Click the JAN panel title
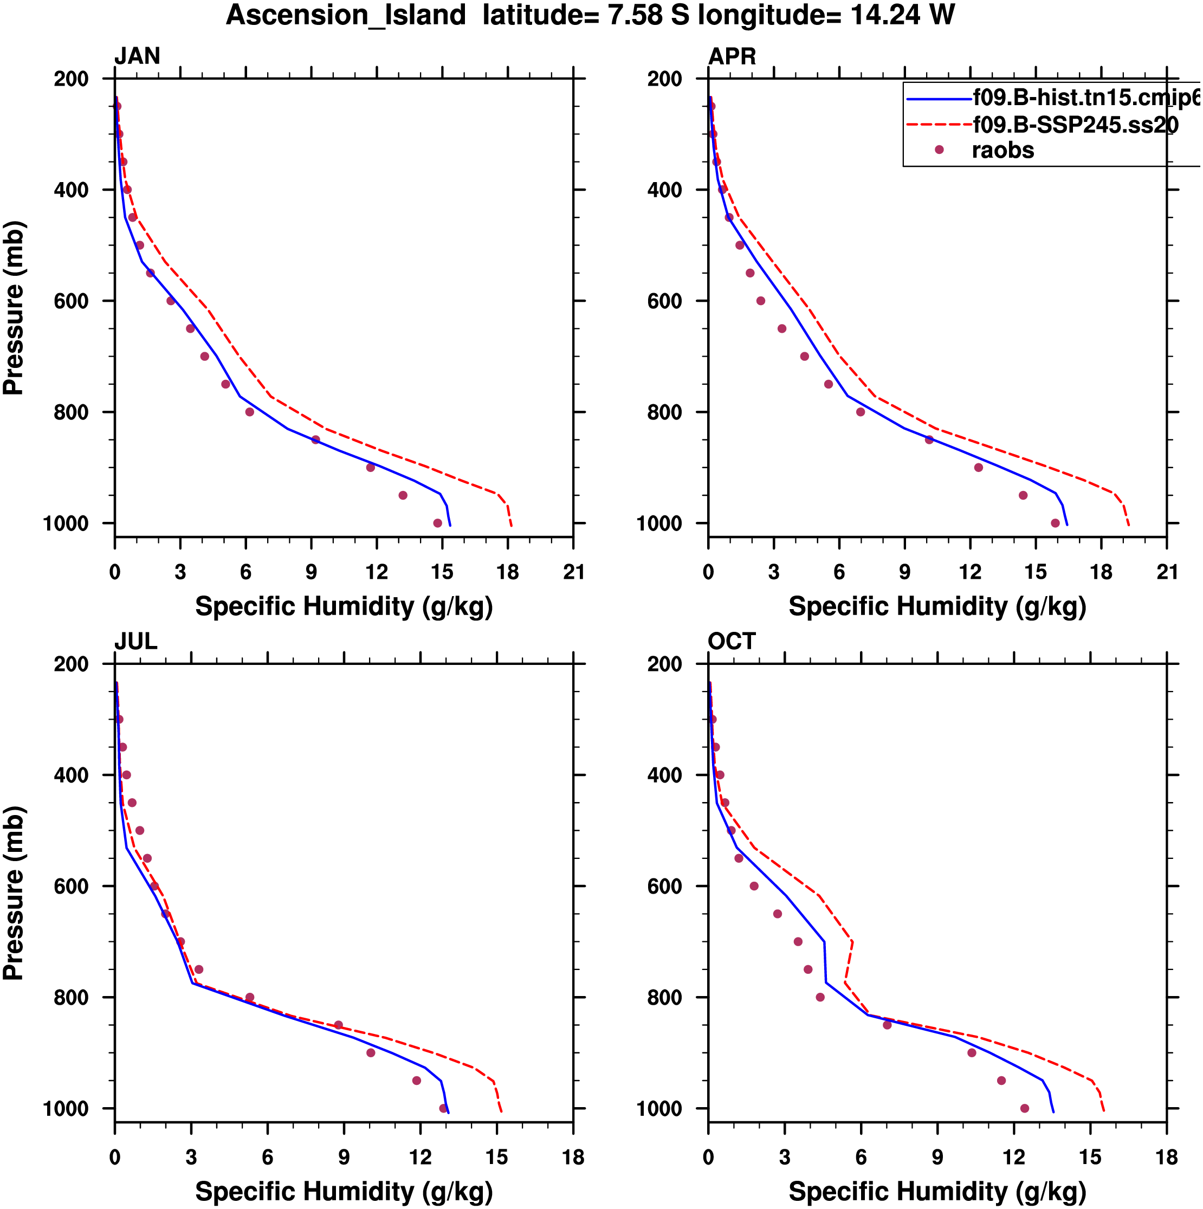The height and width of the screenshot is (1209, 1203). [137, 56]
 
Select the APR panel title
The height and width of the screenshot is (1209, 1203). [732, 56]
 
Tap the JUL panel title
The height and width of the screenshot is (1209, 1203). [135, 642]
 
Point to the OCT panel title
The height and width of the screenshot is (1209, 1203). [731, 642]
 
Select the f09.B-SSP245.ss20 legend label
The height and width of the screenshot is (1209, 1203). [1075, 125]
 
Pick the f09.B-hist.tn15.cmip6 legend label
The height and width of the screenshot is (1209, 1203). [1086, 98]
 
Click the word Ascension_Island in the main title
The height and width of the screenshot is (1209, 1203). [346, 15]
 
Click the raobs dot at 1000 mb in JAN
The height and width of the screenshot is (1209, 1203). [437, 523]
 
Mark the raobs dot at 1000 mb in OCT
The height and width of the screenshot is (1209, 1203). [1025, 1108]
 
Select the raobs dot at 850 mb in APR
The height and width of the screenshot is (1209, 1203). [929, 440]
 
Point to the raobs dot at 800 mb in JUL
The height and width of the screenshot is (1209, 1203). [250, 998]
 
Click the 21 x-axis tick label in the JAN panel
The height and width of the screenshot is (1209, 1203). [573, 572]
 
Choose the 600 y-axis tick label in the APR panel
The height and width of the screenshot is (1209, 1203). [665, 301]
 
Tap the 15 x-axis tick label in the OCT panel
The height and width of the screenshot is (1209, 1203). [1090, 1157]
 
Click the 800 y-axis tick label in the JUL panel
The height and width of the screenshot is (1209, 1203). [72, 998]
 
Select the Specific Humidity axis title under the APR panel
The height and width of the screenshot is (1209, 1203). [937, 606]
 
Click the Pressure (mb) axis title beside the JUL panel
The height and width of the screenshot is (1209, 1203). [14, 893]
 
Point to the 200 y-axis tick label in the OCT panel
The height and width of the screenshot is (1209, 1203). [665, 664]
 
